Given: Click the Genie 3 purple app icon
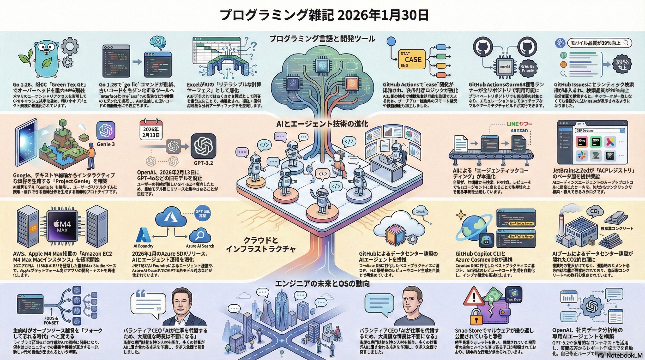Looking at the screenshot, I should (x=106, y=131).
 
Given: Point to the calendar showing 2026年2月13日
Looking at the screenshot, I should (x=151, y=130).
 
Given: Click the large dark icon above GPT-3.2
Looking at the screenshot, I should (x=203, y=146).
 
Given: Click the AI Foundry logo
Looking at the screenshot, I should (x=143, y=235).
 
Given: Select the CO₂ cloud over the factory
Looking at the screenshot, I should (x=594, y=212).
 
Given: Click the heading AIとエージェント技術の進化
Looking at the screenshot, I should (x=322, y=124).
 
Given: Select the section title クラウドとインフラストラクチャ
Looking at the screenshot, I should (x=261, y=245).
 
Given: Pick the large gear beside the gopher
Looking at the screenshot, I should (x=70, y=46).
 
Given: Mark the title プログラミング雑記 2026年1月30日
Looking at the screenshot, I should (x=324, y=15).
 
